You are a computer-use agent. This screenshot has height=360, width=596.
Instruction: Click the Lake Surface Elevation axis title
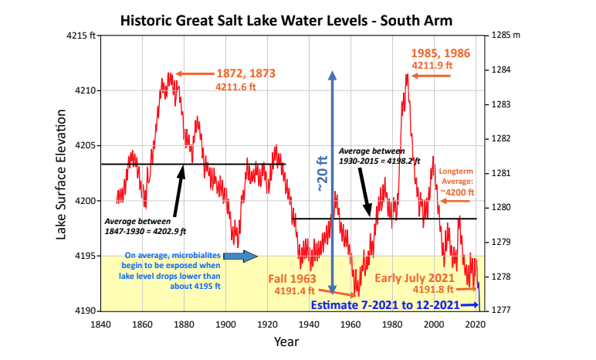tap(62, 173)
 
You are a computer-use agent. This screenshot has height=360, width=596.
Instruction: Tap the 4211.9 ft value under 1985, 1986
tap(432, 66)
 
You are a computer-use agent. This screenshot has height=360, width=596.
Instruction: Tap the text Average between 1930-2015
tap(379, 155)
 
